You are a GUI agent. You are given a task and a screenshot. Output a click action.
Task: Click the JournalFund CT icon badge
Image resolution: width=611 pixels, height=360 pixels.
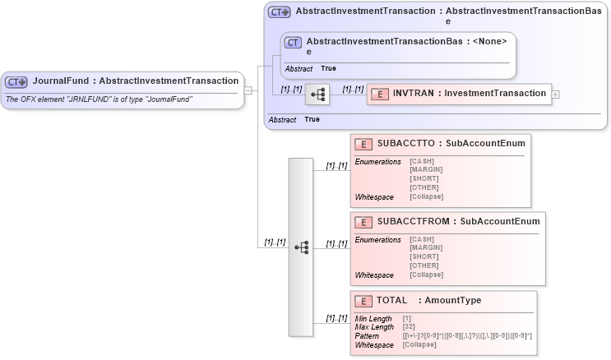(x=16, y=81)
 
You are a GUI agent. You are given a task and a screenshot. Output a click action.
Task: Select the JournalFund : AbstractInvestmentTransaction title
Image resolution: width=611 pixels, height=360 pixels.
(x=136, y=81)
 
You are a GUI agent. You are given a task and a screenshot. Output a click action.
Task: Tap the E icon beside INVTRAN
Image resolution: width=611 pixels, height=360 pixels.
(x=379, y=94)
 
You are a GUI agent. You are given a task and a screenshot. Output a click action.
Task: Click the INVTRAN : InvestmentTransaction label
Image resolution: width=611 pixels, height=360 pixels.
(x=469, y=94)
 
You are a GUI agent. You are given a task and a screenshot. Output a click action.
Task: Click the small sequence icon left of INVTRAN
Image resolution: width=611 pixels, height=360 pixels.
(x=317, y=95)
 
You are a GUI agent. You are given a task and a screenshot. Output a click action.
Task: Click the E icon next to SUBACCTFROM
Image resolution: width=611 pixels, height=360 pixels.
(x=363, y=222)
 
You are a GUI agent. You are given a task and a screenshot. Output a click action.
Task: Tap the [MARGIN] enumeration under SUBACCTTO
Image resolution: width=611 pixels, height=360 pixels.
(x=427, y=169)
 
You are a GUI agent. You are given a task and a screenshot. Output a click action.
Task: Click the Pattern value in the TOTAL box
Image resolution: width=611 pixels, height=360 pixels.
(x=466, y=335)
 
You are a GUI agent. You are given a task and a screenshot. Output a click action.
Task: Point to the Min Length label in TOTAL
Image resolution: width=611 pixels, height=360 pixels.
(x=373, y=318)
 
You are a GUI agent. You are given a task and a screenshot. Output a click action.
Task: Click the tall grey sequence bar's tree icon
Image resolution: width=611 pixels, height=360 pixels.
(x=301, y=247)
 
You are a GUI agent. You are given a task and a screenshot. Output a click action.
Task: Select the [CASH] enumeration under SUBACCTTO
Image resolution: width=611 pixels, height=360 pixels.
(x=422, y=160)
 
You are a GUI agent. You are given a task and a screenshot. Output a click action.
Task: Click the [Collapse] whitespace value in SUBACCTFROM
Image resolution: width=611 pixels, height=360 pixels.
(x=426, y=275)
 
